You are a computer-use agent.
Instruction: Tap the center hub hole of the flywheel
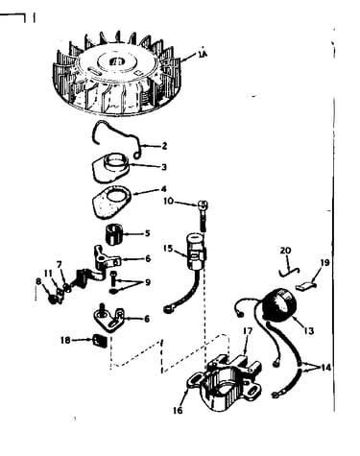tap(116, 61)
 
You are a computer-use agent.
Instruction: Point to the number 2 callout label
tap(164, 146)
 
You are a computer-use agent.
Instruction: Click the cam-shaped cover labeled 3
tap(111, 169)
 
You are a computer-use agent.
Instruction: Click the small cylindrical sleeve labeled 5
tap(114, 235)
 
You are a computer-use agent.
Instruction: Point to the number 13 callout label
tap(308, 330)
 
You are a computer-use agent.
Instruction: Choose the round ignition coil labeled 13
tap(278, 304)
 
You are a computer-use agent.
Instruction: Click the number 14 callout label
tap(324, 368)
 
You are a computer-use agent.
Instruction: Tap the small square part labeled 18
tap(99, 340)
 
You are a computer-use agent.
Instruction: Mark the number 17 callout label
tap(248, 330)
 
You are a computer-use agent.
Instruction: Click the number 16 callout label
tap(178, 410)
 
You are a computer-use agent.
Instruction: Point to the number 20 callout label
tap(286, 251)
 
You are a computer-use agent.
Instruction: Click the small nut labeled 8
tap(52, 299)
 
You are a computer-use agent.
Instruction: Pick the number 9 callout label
tap(148, 282)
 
